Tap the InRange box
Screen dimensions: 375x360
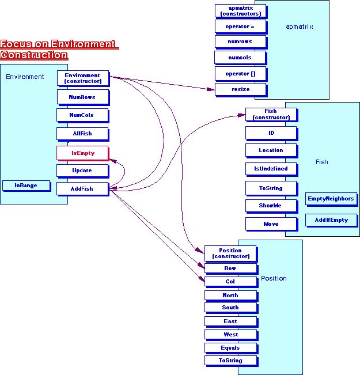click(x=26, y=185)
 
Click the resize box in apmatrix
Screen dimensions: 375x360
click(x=240, y=89)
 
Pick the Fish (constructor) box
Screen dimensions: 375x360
click(x=271, y=114)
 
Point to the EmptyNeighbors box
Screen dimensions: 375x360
click(x=331, y=199)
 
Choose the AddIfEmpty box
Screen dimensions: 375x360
click(x=331, y=220)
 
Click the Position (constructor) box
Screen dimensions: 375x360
click(x=230, y=253)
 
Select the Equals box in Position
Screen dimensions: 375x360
click(x=230, y=348)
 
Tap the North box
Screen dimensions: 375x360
click(x=230, y=296)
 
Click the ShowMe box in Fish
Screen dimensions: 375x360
click(x=271, y=205)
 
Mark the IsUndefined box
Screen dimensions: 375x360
click(x=271, y=169)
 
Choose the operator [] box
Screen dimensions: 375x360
click(x=240, y=73)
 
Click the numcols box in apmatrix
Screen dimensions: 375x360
click(x=240, y=58)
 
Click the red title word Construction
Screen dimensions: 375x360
click(x=34, y=55)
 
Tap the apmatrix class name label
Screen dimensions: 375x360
click(x=299, y=26)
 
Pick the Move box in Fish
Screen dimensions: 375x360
click(x=271, y=224)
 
